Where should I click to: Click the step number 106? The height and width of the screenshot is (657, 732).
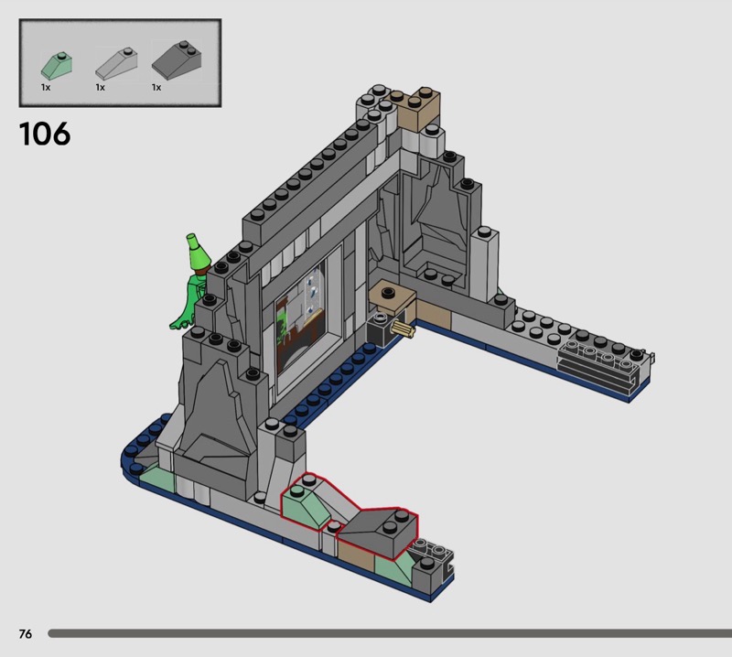(45, 134)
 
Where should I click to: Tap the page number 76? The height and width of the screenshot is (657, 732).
(26, 633)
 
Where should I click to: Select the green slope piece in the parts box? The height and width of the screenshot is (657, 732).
(57, 66)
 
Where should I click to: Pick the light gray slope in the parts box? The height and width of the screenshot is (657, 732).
(116, 63)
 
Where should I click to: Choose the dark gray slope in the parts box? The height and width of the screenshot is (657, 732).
(177, 59)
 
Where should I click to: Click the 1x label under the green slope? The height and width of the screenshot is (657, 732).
(45, 87)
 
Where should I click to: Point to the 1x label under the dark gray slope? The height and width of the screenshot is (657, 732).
(156, 87)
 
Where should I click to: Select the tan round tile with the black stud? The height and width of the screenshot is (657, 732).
(393, 296)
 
